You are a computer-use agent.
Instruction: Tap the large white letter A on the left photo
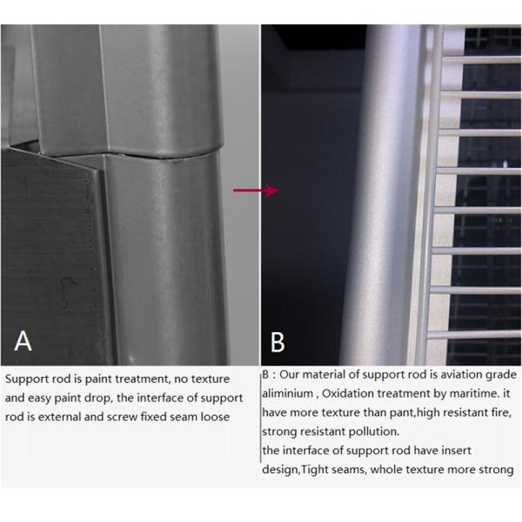[x=23, y=339]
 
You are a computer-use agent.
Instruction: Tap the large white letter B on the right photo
[x=278, y=342]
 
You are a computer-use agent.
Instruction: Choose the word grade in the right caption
[x=496, y=375]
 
